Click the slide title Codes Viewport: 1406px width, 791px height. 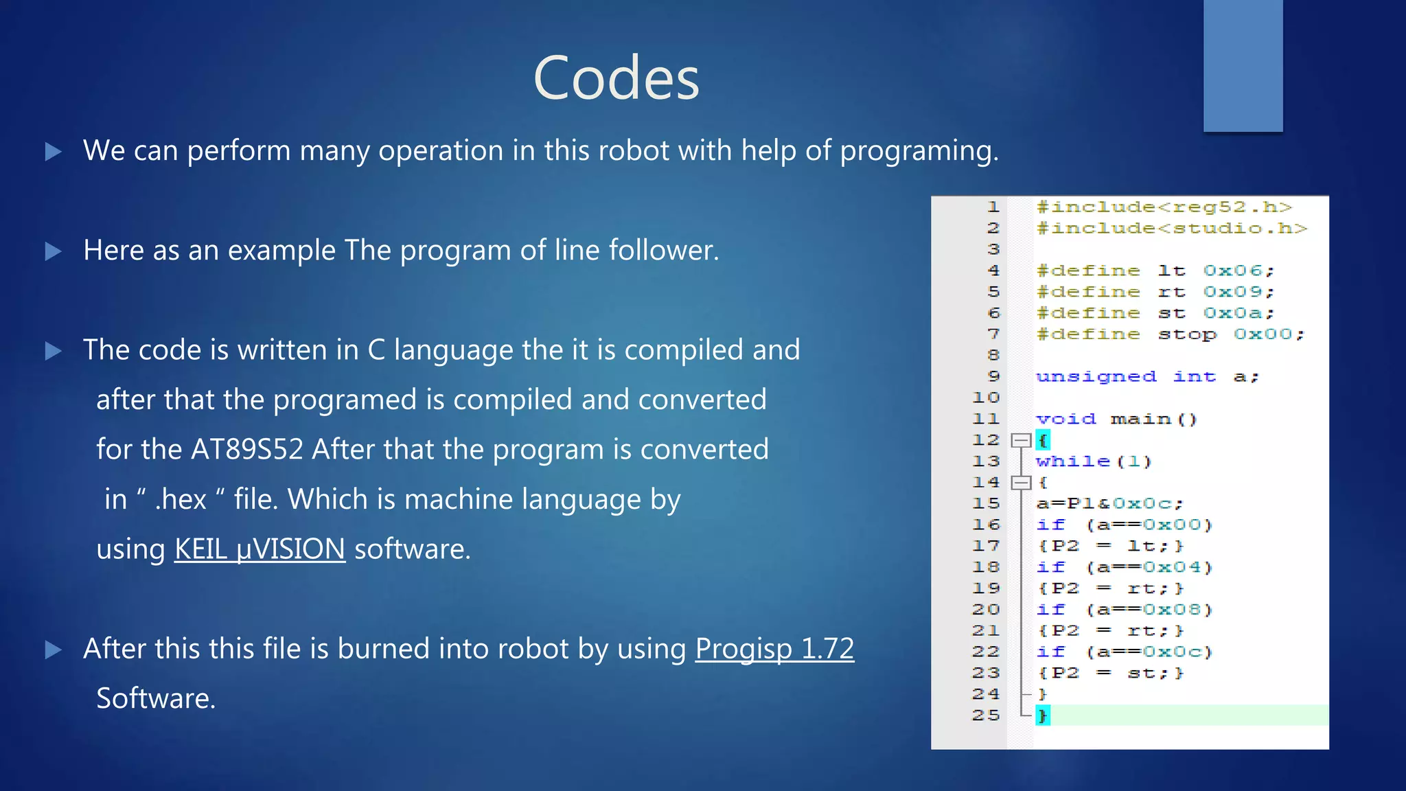point(616,78)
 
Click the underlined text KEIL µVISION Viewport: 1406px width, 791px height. point(260,549)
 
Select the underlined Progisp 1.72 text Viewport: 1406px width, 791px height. point(774,649)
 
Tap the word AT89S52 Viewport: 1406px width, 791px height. point(247,450)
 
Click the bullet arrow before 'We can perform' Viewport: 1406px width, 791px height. point(54,151)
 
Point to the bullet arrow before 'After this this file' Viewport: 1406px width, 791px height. point(54,650)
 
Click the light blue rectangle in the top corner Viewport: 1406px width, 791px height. point(1243,65)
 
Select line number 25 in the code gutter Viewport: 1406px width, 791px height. point(986,715)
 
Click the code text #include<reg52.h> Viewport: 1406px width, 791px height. point(1164,207)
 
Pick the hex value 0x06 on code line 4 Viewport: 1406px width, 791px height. point(1233,271)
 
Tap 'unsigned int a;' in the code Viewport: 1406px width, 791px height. point(1147,377)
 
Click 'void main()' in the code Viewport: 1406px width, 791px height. point(1116,419)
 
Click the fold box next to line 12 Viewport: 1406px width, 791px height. point(1022,440)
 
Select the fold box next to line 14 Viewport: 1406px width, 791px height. point(1022,483)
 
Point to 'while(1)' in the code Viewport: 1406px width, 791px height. point(1094,461)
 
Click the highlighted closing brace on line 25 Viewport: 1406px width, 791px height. point(1043,715)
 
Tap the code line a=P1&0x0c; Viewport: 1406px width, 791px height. point(1109,504)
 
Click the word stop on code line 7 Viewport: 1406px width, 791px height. point(1187,334)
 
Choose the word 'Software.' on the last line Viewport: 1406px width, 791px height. point(156,698)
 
